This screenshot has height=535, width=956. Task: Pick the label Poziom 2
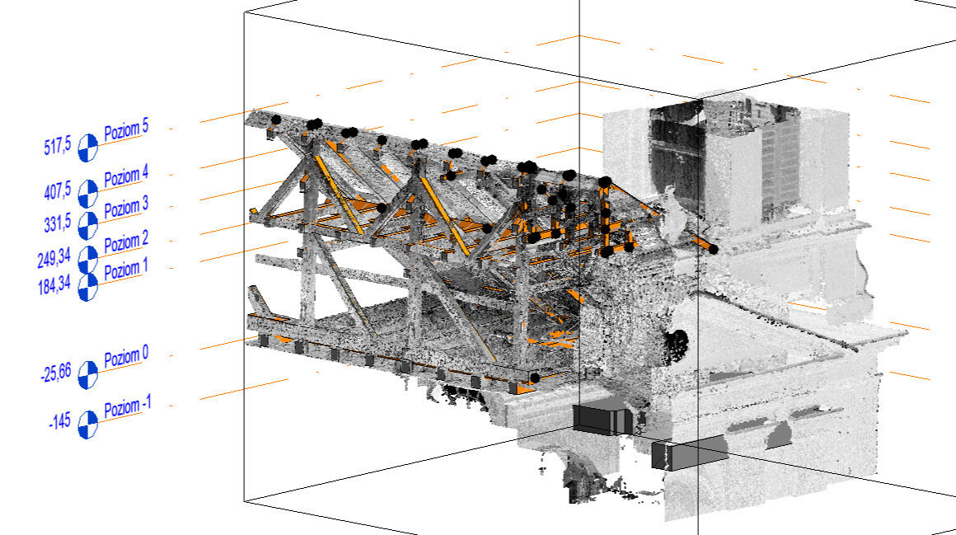pyautogui.click(x=126, y=243)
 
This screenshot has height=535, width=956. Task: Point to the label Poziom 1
pyautogui.click(x=126, y=270)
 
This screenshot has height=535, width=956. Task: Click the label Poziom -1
pyautogui.click(x=128, y=409)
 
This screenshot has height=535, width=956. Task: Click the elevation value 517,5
pyautogui.click(x=59, y=148)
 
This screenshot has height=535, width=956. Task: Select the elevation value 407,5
pyautogui.click(x=59, y=194)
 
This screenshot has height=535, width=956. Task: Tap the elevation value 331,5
pyautogui.click(x=59, y=224)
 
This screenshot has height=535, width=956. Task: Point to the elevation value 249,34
pyautogui.click(x=54, y=259)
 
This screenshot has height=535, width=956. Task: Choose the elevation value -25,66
pyautogui.click(x=57, y=375)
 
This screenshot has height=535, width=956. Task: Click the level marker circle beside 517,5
pyautogui.click(x=87, y=148)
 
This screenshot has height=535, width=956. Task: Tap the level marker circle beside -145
pyautogui.click(x=87, y=425)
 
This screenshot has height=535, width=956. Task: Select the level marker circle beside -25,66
pyautogui.click(x=87, y=375)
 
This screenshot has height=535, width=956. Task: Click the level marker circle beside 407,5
pyautogui.click(x=87, y=195)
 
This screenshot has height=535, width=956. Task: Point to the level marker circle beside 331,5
pyautogui.click(x=87, y=225)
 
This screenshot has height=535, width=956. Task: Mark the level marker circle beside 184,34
pyautogui.click(x=87, y=287)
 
